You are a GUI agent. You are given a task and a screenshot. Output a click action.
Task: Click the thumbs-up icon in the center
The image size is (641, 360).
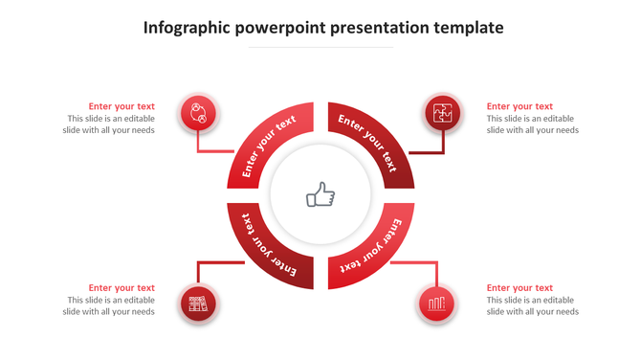[320, 195]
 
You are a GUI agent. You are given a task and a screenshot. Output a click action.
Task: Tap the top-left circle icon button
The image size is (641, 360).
[198, 114]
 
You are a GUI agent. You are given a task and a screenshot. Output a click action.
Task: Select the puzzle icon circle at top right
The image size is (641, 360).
[443, 114]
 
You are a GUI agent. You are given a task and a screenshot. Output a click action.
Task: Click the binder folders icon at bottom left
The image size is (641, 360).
[198, 304]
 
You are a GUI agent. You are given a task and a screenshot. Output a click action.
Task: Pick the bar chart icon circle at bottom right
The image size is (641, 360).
[436, 304]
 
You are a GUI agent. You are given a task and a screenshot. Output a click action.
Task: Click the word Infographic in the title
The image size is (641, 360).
[186, 28]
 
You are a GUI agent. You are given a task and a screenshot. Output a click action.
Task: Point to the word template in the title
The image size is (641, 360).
[467, 28]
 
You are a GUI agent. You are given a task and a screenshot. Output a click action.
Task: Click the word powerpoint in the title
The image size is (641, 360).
[279, 28]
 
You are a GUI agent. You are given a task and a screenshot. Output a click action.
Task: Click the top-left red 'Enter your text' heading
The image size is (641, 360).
[122, 106]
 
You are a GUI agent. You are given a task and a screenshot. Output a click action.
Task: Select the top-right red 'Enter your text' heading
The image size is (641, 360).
[519, 106]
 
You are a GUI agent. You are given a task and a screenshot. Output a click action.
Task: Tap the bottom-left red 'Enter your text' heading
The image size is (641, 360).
[122, 287]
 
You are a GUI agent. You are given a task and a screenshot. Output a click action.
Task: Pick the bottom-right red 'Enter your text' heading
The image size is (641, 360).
[519, 287]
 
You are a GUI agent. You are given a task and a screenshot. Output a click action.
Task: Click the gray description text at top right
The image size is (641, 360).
[532, 124]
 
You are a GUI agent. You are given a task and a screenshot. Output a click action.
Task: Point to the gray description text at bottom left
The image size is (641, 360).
[110, 305]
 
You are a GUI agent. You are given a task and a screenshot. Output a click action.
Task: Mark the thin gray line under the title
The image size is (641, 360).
[320, 46]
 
